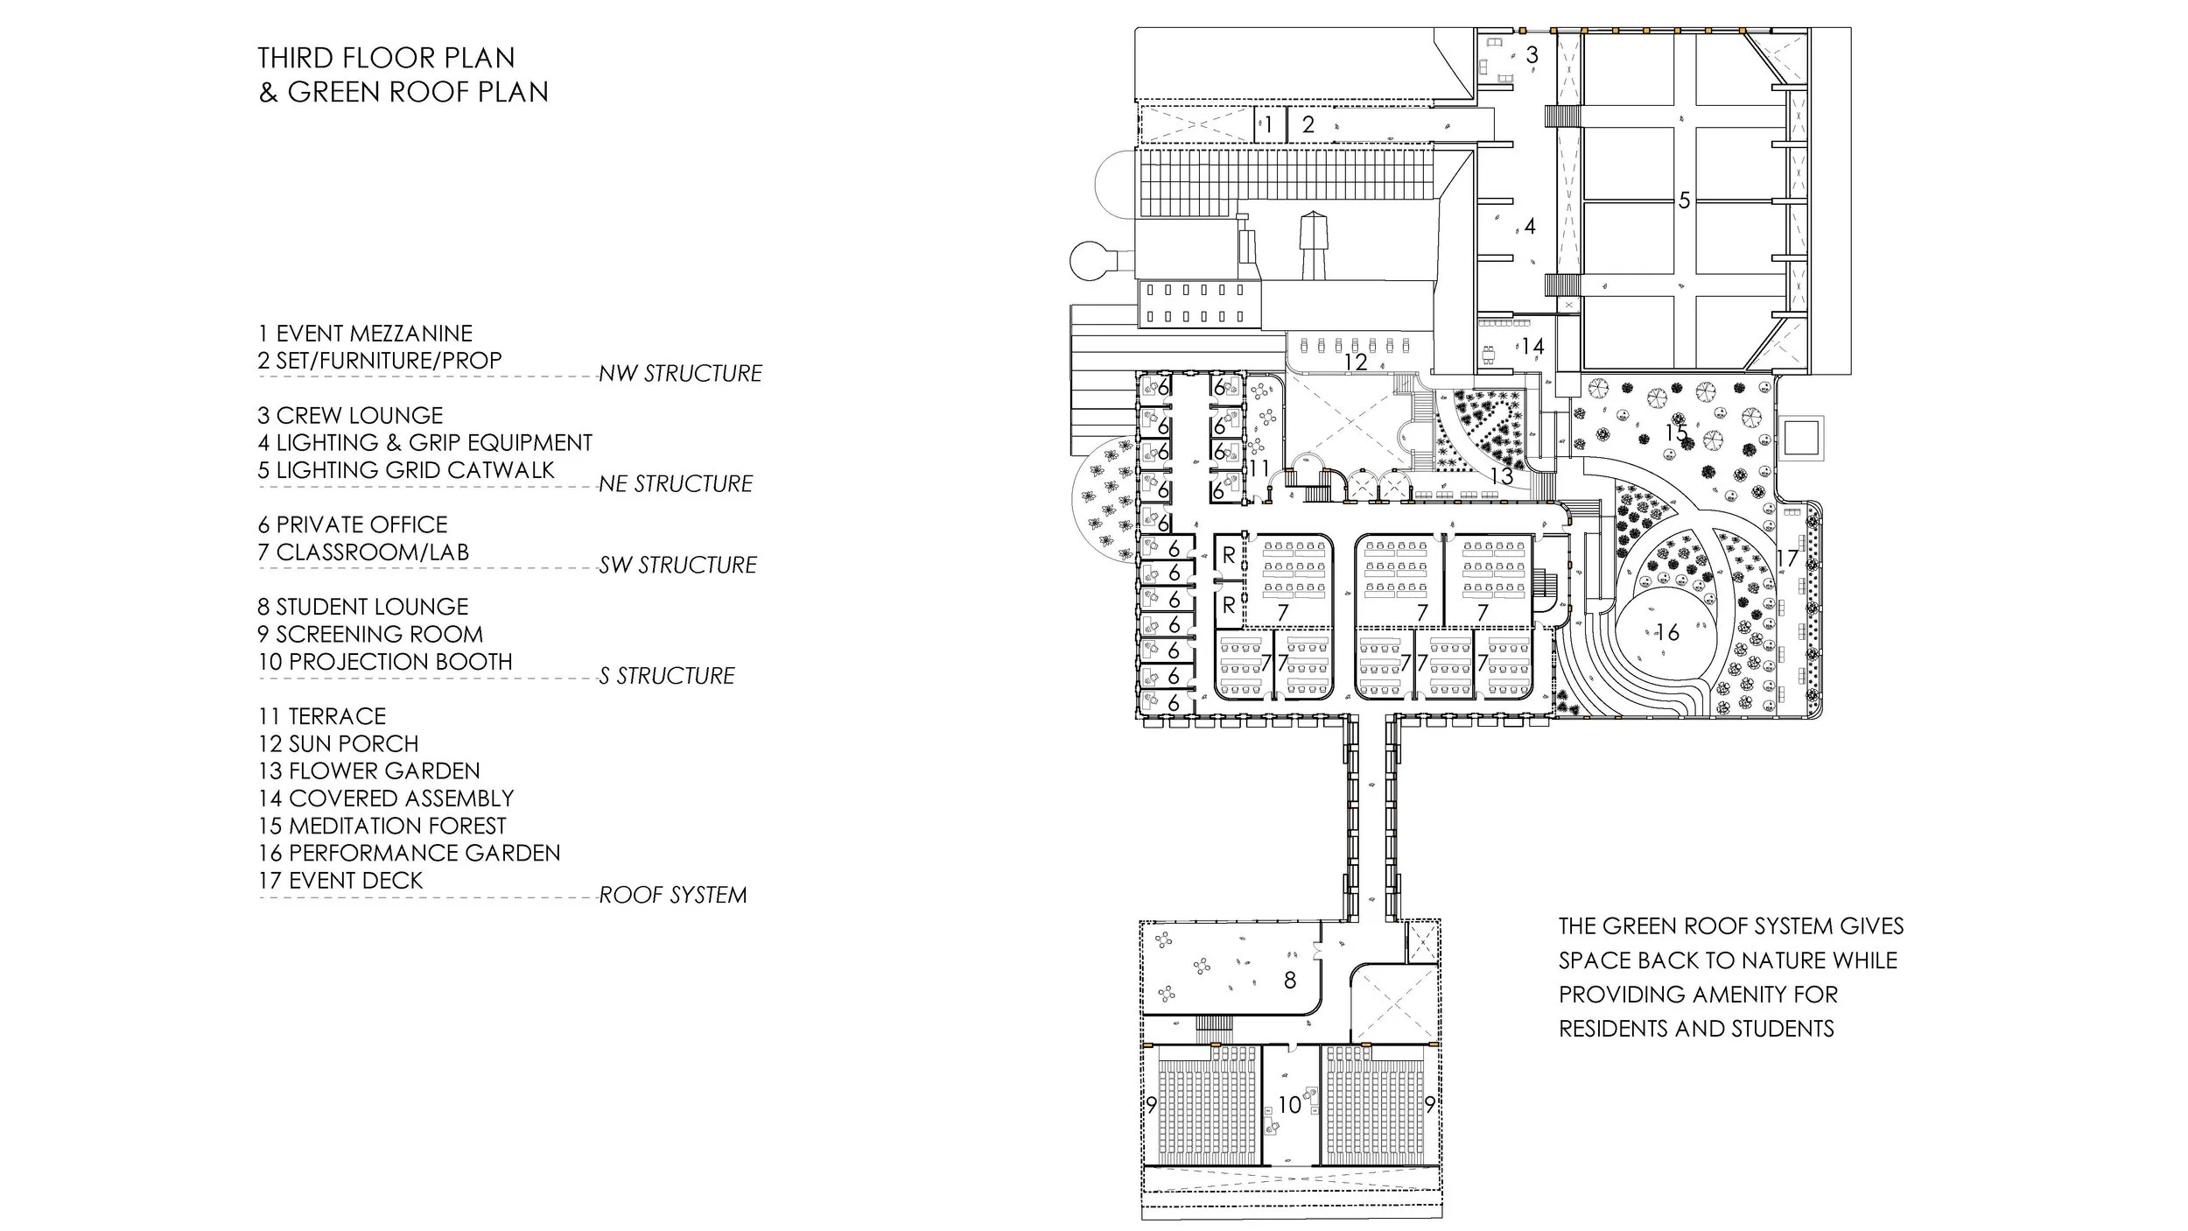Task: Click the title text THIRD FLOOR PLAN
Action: (386, 58)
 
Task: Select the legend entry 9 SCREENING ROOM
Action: (370, 634)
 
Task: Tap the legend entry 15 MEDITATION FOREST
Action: (382, 826)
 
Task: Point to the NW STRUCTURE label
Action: (680, 374)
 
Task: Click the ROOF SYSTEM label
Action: (672, 895)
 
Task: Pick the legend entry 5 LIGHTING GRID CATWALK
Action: (406, 470)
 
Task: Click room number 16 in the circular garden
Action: (1667, 632)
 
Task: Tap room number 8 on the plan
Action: (1289, 980)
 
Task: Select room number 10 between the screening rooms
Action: (1289, 1105)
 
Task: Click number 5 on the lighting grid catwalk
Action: (1684, 200)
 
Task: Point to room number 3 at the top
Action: (1532, 55)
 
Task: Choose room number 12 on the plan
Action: (1355, 361)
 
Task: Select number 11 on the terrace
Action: (1259, 468)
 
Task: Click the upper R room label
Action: (1229, 555)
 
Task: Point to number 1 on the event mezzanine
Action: (1267, 125)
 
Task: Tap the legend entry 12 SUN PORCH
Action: (338, 743)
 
